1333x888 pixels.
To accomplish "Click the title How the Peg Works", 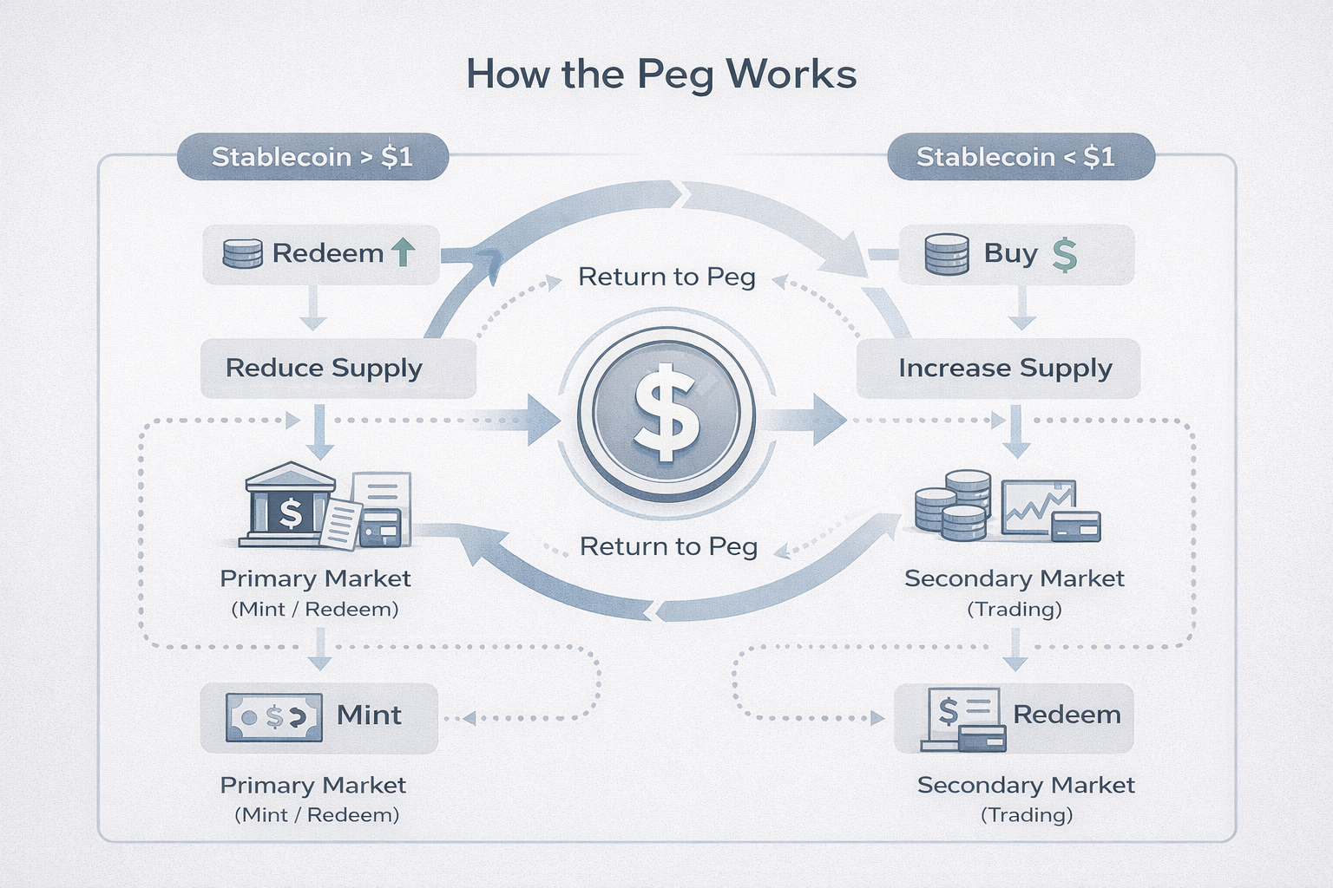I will click(x=661, y=75).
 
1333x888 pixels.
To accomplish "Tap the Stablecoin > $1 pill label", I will click(x=312, y=157).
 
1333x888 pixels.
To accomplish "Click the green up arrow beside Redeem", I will click(x=404, y=252).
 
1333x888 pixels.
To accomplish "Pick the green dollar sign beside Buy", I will click(x=1064, y=255).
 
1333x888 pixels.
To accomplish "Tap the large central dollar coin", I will click(x=666, y=414).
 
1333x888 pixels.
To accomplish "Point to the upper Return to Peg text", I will click(x=666, y=277).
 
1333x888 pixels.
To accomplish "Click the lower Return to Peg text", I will click(x=668, y=546).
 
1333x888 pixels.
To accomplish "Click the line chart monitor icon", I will click(x=1038, y=507).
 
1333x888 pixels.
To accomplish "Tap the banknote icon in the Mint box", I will click(x=274, y=716).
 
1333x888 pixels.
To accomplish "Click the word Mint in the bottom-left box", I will click(x=369, y=715).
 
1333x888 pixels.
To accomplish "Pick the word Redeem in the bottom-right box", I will click(x=1067, y=715).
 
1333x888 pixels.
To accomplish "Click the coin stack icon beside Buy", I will click(x=947, y=254).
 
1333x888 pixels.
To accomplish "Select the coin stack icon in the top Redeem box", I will click(x=242, y=254).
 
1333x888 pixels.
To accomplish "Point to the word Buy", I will click(x=1010, y=253).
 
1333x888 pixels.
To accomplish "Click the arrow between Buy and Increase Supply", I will click(x=1022, y=309).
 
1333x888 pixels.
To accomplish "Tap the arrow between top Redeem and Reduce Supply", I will click(x=312, y=309).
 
